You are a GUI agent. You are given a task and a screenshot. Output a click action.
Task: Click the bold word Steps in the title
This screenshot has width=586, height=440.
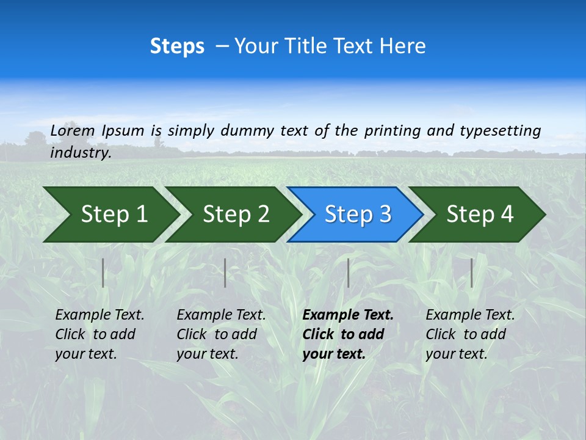point(177,46)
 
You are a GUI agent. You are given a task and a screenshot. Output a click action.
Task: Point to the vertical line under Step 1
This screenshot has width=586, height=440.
point(103,273)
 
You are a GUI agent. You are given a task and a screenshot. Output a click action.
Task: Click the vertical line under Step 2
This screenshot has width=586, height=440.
point(225,273)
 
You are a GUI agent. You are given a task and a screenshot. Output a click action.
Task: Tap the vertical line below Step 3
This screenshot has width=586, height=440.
point(348,273)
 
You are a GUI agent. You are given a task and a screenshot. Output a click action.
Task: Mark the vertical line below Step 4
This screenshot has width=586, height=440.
point(471,273)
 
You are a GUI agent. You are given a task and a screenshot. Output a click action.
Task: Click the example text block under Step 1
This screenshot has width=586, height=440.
point(99,334)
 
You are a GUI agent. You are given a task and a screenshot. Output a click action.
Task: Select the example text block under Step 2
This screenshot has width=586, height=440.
point(221,334)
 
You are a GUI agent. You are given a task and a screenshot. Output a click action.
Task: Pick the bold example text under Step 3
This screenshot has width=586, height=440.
point(348,334)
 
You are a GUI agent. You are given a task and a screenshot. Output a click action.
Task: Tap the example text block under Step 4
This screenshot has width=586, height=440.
point(470,334)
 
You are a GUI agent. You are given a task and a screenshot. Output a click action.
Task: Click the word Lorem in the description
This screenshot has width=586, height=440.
point(72,130)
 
